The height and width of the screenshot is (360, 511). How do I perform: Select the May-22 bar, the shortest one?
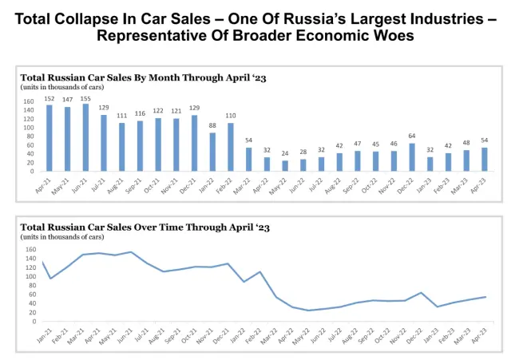pos(285,165)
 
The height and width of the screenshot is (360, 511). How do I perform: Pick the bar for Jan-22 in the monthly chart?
pos(212,152)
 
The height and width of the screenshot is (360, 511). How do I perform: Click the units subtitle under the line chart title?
pos(61,237)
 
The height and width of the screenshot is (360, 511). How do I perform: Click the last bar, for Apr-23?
pos(485,159)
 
